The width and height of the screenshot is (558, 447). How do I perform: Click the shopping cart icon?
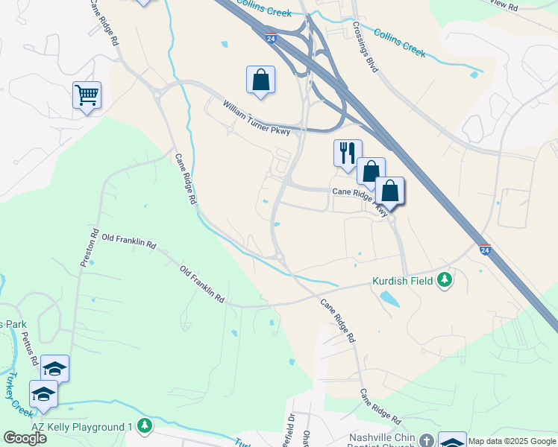pos(87,95)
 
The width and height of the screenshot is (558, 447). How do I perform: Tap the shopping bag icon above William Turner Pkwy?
pos(260,79)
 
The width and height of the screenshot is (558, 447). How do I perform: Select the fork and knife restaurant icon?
pos(347,153)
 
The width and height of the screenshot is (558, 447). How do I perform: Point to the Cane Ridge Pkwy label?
pos(360,199)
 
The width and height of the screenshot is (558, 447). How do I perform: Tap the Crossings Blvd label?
pos(366,51)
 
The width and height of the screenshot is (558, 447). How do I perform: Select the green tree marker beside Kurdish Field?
pos(445,280)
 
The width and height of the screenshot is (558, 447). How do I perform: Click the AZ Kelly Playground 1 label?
pos(82,427)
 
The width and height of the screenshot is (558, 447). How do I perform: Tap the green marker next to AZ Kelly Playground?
pos(145,427)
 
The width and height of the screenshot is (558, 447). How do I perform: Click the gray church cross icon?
pos(426,440)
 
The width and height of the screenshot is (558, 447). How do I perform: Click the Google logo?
pos(25,438)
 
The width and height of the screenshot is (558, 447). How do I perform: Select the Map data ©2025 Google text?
pos(512,441)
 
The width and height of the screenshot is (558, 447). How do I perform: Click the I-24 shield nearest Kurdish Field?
pos(485,251)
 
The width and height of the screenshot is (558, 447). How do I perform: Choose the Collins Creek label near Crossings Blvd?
pos(399,43)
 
